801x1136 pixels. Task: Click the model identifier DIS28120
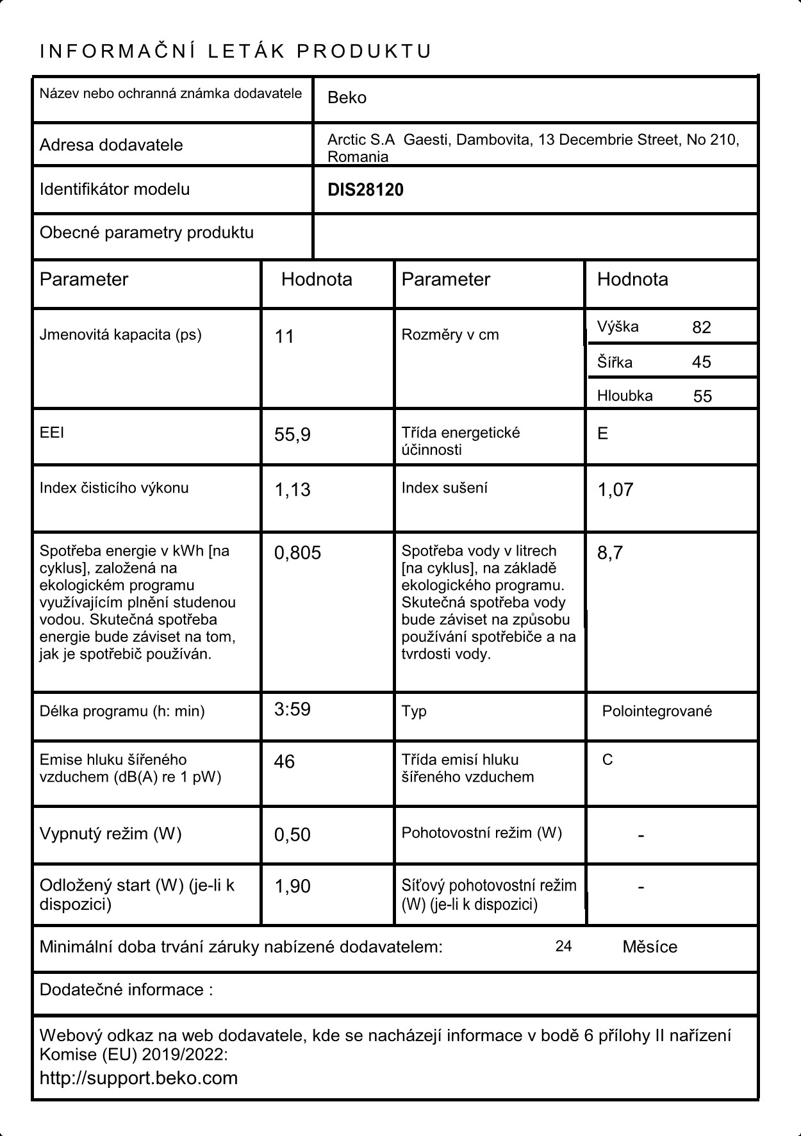[x=365, y=190]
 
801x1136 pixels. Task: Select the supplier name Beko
[x=347, y=98]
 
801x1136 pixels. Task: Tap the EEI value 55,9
[x=292, y=435]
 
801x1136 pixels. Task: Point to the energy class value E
[x=602, y=434]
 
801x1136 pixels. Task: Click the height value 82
[x=702, y=327]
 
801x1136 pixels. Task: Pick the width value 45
[x=702, y=362]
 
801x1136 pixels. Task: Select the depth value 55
[x=702, y=396]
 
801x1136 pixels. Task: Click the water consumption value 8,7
[x=609, y=553]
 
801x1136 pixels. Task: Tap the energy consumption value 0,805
[x=297, y=553]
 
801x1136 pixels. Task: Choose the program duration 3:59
[x=292, y=709]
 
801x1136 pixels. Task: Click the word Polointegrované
[x=657, y=711]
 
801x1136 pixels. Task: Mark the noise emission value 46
[x=284, y=762]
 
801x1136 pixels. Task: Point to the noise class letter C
[x=607, y=760]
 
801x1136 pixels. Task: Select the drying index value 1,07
[x=615, y=490]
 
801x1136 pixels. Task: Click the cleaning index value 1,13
[x=292, y=490]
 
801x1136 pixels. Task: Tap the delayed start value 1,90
[x=292, y=886]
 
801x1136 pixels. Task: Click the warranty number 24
[x=563, y=946]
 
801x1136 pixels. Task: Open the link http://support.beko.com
[x=138, y=1078]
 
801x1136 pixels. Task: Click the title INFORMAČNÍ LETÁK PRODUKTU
[x=236, y=51]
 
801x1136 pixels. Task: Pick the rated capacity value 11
[x=284, y=336]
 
